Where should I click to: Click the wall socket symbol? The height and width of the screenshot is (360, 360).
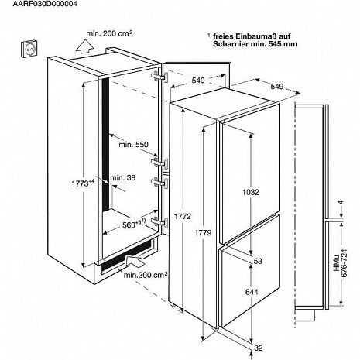[29, 49]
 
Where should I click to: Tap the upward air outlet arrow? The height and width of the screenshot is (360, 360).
[84, 46]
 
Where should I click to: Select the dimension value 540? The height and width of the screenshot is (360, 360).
[198, 81]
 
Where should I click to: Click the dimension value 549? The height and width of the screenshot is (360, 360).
[277, 87]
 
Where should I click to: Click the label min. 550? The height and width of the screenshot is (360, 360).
[133, 145]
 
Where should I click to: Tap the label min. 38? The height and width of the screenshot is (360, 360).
[122, 178]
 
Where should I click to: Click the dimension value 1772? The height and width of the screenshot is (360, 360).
[183, 216]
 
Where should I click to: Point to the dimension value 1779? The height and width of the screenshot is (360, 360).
[203, 233]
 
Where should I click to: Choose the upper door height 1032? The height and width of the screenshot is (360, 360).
[251, 192]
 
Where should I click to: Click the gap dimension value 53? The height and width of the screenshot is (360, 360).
[258, 261]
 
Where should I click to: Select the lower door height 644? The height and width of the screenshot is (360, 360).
[252, 292]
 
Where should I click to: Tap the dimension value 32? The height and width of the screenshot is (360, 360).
[259, 348]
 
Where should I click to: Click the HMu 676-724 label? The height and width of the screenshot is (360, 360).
[340, 263]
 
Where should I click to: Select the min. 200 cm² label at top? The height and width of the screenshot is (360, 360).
[109, 33]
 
